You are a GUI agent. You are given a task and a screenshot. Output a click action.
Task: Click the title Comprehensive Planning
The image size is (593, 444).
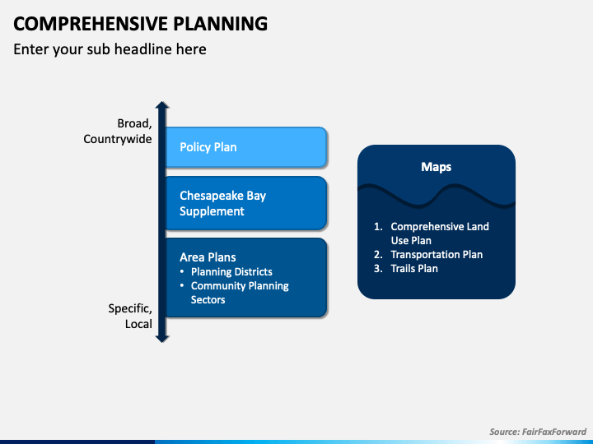[140, 23]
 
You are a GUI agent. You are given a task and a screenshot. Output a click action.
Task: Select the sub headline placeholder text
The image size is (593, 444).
[110, 49]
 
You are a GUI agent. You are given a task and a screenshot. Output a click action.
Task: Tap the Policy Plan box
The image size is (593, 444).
[245, 147]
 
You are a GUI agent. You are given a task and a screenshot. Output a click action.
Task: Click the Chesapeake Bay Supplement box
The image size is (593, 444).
[245, 203]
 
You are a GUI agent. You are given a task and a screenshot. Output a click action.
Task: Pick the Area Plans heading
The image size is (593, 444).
[208, 257]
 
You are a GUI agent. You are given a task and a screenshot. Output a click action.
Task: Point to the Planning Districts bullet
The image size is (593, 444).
[231, 271]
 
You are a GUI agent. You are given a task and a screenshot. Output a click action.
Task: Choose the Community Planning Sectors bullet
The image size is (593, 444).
[240, 293]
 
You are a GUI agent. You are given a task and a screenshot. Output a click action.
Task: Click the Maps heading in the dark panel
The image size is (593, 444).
[436, 167]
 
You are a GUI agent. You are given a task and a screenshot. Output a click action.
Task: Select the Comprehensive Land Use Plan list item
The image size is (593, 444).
[439, 234]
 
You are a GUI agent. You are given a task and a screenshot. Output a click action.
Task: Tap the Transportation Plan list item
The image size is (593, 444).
[437, 255]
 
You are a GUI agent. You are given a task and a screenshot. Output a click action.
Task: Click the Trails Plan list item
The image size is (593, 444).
[414, 269]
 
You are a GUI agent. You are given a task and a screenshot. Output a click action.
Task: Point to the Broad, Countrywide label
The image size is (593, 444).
[118, 132]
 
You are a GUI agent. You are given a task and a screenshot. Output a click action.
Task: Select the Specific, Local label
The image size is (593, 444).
[130, 317]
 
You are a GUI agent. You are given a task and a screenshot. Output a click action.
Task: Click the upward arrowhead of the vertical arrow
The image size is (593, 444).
[162, 107]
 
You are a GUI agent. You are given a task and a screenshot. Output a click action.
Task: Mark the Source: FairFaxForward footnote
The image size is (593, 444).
[536, 431]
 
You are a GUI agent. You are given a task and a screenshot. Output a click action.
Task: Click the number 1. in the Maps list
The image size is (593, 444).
[378, 227]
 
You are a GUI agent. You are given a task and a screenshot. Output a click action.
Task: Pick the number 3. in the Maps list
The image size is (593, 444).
[378, 269]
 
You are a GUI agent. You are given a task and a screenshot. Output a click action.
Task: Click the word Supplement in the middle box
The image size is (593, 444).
[212, 211]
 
